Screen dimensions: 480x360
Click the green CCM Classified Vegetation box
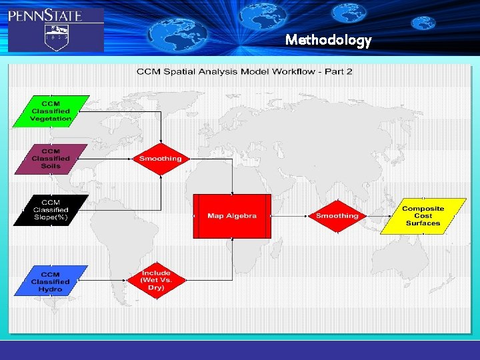pos(51,111)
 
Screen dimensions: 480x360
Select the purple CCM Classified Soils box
pos(51,159)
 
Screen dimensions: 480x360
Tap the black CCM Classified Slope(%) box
pos(51,209)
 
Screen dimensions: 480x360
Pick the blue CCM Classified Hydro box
pos(51,281)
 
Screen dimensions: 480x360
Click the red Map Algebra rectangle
pos(232,216)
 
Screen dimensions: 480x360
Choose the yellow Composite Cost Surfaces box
pos(422,215)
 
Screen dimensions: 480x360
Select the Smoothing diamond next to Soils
pos(160,159)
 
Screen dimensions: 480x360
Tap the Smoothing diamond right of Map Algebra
pos(337,215)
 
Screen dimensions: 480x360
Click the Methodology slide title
pos(328,41)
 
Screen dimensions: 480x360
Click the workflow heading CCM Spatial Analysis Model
pos(244,71)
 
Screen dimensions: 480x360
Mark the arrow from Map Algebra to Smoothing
pos(290,216)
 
